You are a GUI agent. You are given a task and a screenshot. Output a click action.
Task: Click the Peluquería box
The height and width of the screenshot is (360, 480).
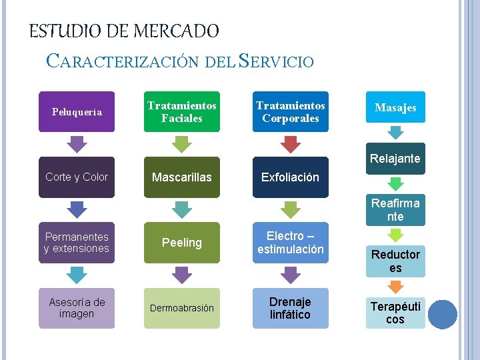[77, 111]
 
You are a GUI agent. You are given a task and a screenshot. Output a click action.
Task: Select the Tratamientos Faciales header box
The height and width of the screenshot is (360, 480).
[181, 111]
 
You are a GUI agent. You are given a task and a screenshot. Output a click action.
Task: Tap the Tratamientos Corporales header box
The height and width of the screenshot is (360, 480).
[290, 111]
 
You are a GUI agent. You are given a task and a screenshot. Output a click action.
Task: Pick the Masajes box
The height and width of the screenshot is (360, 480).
[395, 108]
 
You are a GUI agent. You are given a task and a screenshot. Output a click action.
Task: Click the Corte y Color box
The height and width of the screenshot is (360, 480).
[77, 177]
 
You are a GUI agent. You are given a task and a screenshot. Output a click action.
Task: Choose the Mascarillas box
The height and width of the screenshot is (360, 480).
[181, 177]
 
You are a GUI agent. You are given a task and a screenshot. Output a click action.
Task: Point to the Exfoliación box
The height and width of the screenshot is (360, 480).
[290, 177]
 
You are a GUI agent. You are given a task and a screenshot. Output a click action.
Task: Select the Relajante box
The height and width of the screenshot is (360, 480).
[395, 159]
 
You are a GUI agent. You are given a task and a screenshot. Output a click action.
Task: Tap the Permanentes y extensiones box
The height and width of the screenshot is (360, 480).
[77, 243]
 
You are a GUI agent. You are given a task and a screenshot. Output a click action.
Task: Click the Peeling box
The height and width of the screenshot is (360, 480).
[181, 243]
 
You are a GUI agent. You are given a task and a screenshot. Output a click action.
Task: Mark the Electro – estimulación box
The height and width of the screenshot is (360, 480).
[290, 243]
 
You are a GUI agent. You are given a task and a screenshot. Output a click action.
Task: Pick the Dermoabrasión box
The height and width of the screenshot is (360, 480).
[181, 308]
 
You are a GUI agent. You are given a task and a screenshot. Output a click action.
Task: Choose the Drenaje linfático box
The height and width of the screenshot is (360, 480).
[290, 308]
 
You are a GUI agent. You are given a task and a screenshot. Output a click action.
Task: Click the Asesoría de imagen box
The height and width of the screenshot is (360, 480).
[77, 308]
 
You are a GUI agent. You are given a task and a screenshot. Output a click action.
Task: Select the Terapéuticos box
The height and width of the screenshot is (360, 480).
[395, 313]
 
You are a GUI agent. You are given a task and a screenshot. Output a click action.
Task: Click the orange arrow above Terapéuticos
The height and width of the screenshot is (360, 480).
[395, 287]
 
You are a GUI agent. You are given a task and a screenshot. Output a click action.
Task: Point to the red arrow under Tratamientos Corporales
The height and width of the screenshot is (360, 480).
[290, 144]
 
